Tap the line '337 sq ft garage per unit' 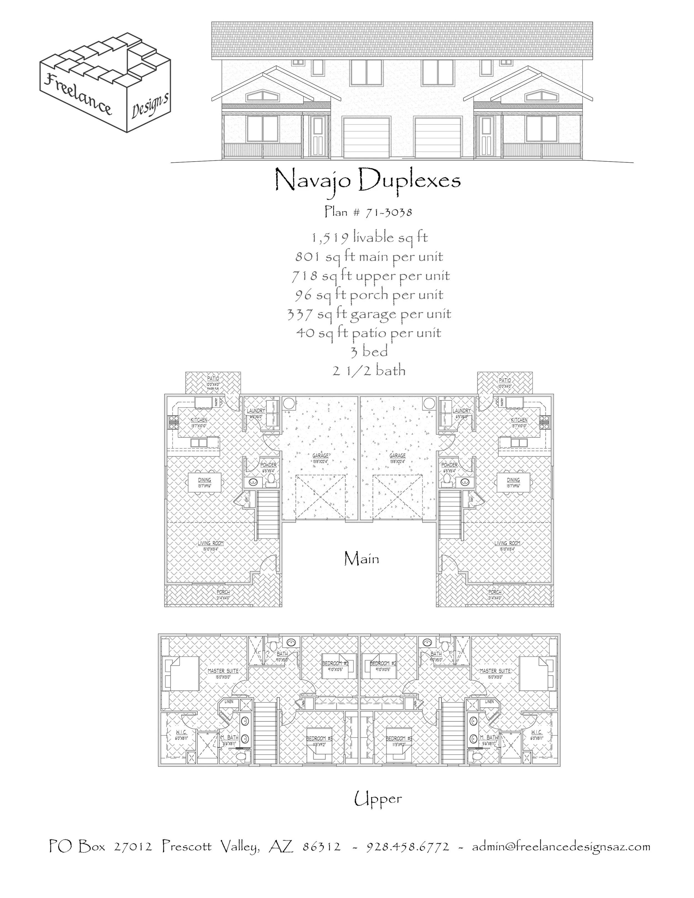coord(369,314)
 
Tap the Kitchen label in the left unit coord(199,420)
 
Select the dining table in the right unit coord(513,482)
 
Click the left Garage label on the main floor coord(320,456)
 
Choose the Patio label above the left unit coord(213,379)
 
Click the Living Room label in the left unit coord(210,543)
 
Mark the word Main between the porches coord(361,559)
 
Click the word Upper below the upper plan coord(378,799)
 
